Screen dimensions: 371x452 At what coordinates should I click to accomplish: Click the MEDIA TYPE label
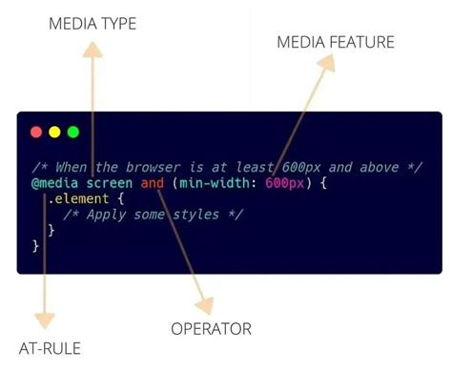pyautogui.click(x=92, y=23)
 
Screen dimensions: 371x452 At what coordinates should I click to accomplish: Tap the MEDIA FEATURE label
pyautogui.click(x=335, y=42)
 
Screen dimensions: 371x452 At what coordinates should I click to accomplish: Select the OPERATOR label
pyautogui.click(x=212, y=329)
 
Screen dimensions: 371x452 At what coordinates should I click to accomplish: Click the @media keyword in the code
pyautogui.click(x=56, y=182)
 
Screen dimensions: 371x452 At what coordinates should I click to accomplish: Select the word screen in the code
pyautogui.click(x=110, y=182)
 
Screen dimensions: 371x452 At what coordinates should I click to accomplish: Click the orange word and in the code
pyautogui.click(x=153, y=182)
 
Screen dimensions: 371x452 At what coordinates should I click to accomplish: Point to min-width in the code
pyautogui.click(x=215, y=182)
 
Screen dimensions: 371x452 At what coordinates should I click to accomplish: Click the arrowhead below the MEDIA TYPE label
pyautogui.click(x=92, y=52)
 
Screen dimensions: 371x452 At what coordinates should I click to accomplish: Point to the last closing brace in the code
pyautogui.click(x=36, y=246)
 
